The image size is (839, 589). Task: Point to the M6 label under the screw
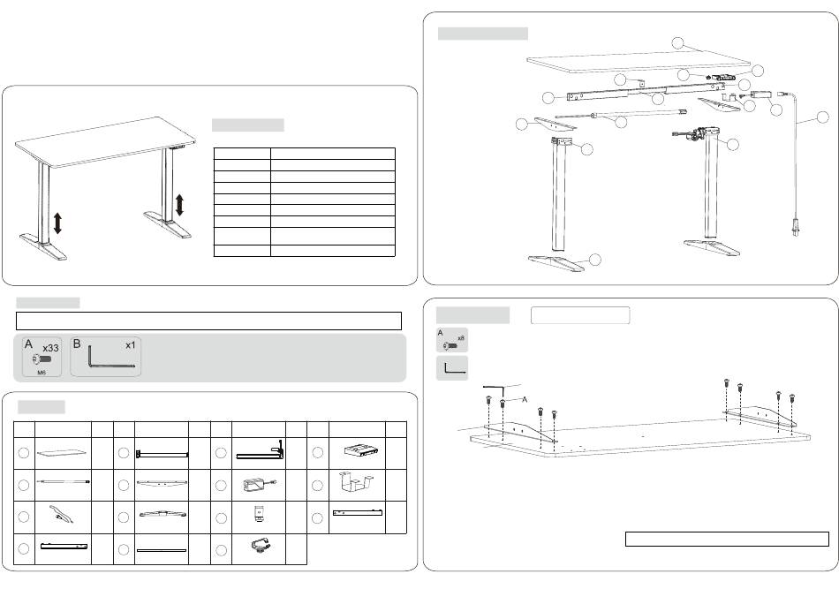click(42, 373)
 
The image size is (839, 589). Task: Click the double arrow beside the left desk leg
click(58, 223)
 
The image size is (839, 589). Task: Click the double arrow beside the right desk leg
click(180, 205)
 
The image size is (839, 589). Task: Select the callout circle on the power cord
click(822, 117)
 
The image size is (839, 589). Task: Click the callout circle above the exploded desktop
click(677, 42)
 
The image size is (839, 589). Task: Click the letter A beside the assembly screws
click(525, 399)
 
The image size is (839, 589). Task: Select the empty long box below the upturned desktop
click(727, 539)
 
